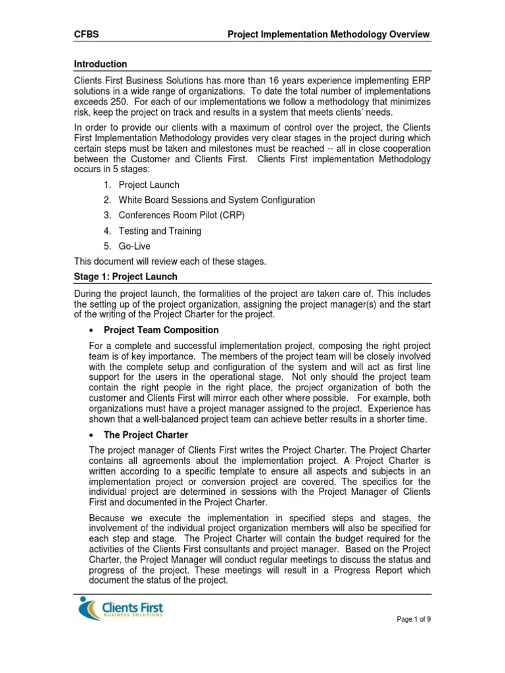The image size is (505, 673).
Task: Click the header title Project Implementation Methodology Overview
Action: coord(329,34)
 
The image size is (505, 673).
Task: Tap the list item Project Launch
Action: coord(149,185)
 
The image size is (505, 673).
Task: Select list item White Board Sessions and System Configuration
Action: coord(216,200)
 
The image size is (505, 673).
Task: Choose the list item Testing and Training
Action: coord(160,231)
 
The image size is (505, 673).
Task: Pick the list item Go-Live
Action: coord(134,246)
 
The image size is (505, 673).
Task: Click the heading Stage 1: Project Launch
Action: coord(124,277)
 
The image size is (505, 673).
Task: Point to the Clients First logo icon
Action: coord(87,609)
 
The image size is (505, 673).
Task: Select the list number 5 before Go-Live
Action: coord(106,246)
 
